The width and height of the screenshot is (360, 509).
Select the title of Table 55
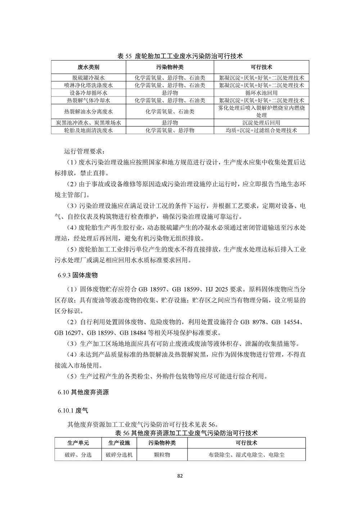(180, 56)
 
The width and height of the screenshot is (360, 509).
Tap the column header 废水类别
(89, 67)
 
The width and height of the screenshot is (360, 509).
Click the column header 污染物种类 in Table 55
(170, 67)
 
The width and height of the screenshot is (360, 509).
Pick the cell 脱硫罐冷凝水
(89, 78)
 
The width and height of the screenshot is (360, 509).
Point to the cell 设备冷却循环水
(89, 93)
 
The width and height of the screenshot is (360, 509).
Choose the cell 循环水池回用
(261, 93)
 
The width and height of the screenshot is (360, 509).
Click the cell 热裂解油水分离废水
(89, 112)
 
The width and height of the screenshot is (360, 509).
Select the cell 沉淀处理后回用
(261, 123)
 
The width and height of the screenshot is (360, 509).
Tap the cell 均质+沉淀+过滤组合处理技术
(261, 130)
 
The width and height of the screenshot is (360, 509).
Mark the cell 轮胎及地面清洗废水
(89, 130)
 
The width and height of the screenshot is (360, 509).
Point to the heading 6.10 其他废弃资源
(83, 392)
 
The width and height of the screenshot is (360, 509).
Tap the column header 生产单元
(78, 443)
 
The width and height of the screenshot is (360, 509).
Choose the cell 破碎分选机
(119, 455)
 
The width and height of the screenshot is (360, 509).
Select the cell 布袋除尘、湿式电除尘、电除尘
(246, 455)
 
